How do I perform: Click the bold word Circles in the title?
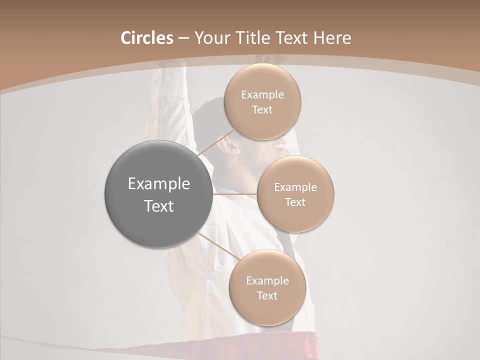click(x=147, y=38)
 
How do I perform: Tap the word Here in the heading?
click(x=332, y=38)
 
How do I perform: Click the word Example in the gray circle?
click(x=159, y=184)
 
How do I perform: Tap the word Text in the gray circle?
click(x=159, y=206)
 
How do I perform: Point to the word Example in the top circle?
click(x=262, y=95)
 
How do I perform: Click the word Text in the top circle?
click(x=262, y=109)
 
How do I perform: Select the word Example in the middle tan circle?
click(x=295, y=187)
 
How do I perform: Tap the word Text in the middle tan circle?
click(x=295, y=202)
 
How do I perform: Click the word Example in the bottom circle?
click(x=267, y=280)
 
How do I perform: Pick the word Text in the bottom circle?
click(x=267, y=295)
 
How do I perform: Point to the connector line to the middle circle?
click(x=235, y=194)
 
